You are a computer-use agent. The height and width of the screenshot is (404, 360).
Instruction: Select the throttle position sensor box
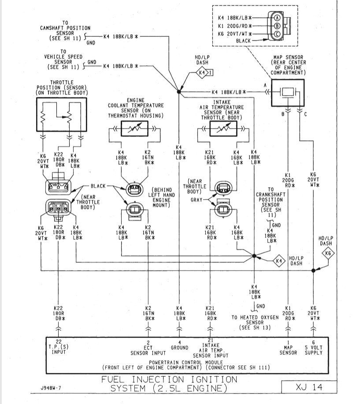pos(62,114)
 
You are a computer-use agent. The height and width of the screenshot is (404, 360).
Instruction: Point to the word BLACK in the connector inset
pos(244,41)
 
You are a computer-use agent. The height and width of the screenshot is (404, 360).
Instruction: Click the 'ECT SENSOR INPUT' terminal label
pos(148,350)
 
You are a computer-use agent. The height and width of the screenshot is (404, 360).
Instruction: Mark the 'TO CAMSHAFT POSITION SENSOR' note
pos(65,31)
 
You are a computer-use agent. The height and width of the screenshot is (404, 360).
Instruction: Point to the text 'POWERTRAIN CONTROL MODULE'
pos(185,362)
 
